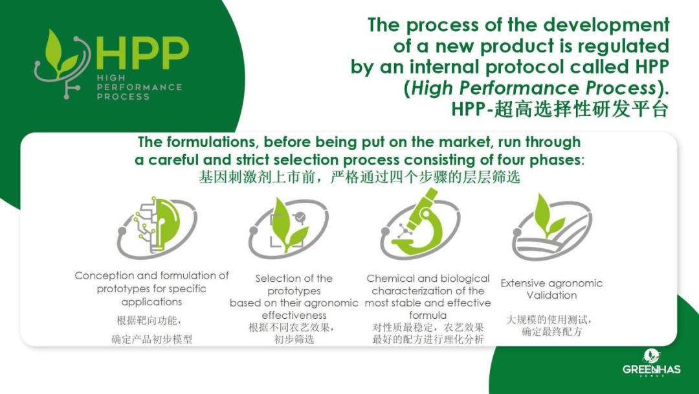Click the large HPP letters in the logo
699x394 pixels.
[x=142, y=53]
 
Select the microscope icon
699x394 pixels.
[x=419, y=223]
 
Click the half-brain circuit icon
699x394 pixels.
[x=157, y=226]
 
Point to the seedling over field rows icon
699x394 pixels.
[x=551, y=227]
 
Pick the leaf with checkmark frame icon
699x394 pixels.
[x=288, y=227]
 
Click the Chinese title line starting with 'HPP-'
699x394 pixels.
[x=560, y=110]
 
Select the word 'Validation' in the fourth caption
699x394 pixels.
[x=551, y=295]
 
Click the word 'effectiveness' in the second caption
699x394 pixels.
[x=294, y=316]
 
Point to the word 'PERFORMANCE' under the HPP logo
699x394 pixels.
[x=139, y=87]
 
